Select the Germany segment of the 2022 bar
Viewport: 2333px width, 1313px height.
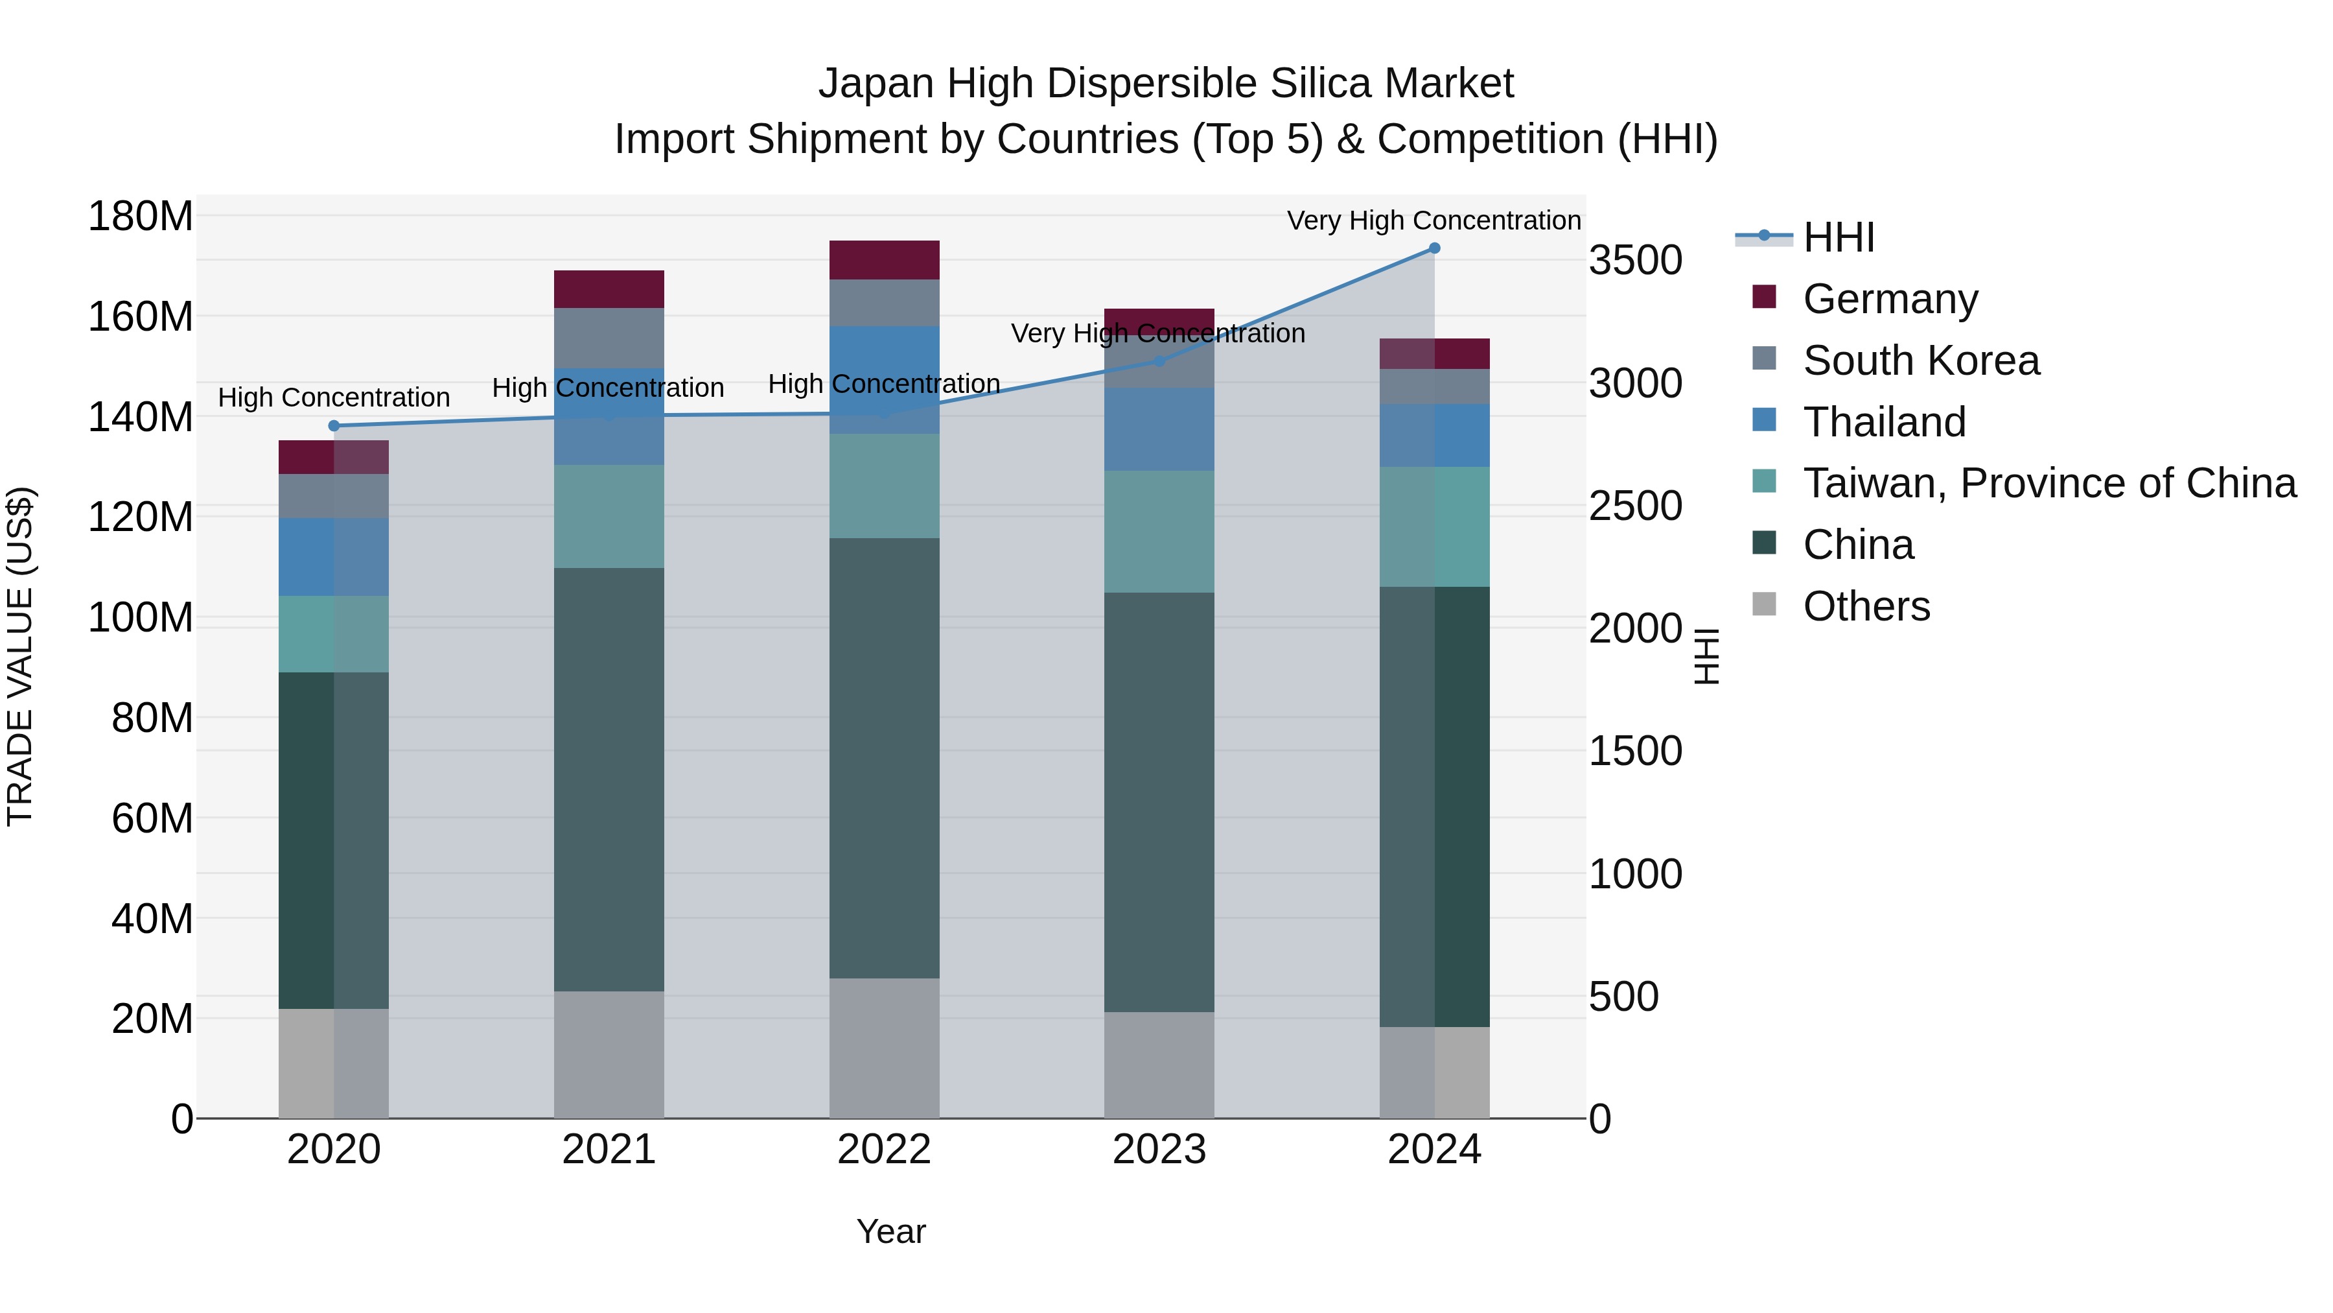(x=884, y=260)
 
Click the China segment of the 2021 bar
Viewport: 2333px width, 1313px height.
(x=609, y=779)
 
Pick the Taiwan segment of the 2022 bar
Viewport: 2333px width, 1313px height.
(x=884, y=486)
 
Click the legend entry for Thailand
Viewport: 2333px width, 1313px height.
(x=1884, y=422)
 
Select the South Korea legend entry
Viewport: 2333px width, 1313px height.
(x=1920, y=361)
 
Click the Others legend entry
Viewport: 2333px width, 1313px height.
(x=1866, y=606)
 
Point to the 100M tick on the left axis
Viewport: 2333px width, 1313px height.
(x=141, y=618)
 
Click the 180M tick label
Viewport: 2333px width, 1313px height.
(x=141, y=217)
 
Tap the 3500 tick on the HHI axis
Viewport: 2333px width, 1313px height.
(x=1635, y=261)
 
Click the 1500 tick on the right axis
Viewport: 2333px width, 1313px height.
(x=1635, y=751)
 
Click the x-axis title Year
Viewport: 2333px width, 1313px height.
(x=890, y=1231)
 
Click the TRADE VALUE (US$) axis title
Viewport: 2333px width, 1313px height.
(x=20, y=656)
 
